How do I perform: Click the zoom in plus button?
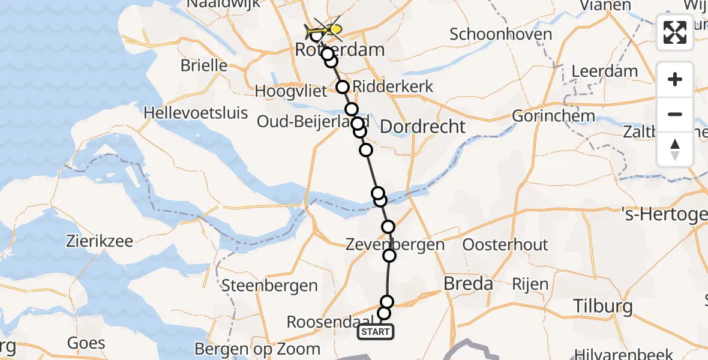coord(675,80)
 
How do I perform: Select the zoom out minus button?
coord(675,114)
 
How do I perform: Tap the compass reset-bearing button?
coord(675,149)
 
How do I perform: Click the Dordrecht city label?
coord(422,127)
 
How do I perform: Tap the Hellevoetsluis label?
coord(196,112)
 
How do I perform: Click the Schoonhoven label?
coord(500,34)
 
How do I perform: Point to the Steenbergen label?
coord(269,286)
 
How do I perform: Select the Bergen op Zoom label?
coord(257,349)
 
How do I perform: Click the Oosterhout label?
coord(505,245)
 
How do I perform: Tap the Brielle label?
coord(203,66)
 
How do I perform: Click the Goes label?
coord(86,344)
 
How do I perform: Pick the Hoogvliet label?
coord(291,91)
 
